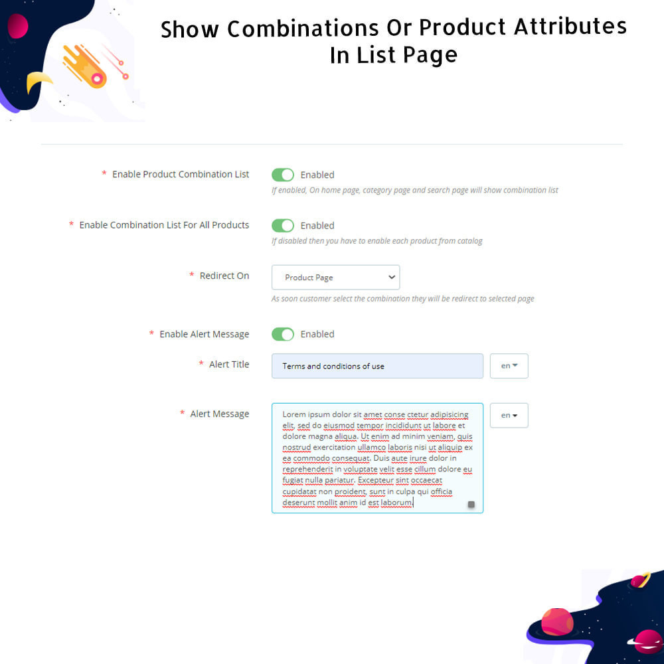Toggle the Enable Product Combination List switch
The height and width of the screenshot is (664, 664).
[x=282, y=175]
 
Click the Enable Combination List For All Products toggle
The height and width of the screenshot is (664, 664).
[x=282, y=225]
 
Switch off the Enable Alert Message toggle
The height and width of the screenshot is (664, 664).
[x=282, y=334]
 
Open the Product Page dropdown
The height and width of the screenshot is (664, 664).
[x=335, y=278]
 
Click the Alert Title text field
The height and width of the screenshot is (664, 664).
[x=377, y=366]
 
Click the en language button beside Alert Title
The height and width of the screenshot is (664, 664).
[x=509, y=366]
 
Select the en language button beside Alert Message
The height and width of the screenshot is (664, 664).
[x=509, y=416]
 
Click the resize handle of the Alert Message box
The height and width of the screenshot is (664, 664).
[x=471, y=505]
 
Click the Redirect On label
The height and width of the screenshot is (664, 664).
[x=224, y=276]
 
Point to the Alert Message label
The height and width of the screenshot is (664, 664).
[x=219, y=414]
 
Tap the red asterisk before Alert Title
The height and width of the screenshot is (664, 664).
[x=201, y=363]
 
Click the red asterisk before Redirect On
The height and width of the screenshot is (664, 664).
[x=192, y=275]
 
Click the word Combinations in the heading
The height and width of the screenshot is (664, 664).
[x=303, y=29]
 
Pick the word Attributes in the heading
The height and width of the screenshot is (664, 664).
[x=570, y=27]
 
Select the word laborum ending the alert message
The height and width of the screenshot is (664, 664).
[x=396, y=502]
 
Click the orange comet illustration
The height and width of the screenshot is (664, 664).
[x=85, y=66]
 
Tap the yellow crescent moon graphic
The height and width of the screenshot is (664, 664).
[x=38, y=81]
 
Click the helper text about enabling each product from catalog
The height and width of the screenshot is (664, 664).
[x=377, y=241]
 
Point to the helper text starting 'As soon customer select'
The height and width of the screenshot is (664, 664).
[x=403, y=299]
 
